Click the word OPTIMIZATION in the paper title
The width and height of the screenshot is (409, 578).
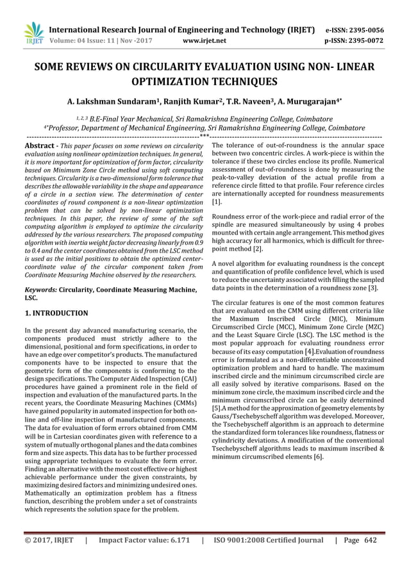(x=169, y=82)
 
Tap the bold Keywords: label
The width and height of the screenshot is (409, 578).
(x=44, y=291)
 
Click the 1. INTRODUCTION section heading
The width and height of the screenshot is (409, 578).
(x=56, y=313)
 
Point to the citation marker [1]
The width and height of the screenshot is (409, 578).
(x=217, y=201)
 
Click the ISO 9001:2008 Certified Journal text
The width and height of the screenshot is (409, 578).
(x=269, y=557)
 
